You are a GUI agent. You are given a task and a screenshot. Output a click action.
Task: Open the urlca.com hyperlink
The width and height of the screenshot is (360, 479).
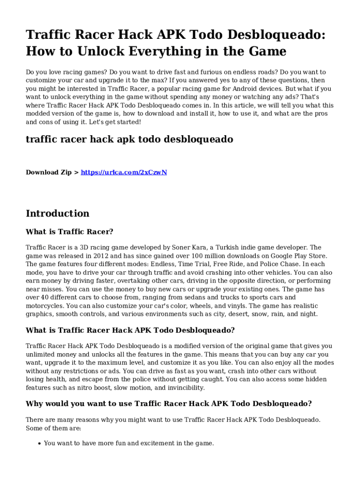pyautogui.click(x=124, y=172)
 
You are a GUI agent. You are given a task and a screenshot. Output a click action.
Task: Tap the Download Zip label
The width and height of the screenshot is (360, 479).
pyautogui.click(x=49, y=172)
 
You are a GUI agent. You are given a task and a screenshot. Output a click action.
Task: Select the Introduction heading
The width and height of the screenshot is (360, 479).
pyautogui.click(x=58, y=213)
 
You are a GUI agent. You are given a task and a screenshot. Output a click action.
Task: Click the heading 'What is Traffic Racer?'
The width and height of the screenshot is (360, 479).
pyautogui.click(x=70, y=232)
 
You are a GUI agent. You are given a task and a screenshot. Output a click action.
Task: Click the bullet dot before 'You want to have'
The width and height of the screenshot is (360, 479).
pyautogui.click(x=39, y=443)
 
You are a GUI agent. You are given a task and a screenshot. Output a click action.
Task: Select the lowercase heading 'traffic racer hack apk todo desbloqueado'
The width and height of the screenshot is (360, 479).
pyautogui.click(x=130, y=139)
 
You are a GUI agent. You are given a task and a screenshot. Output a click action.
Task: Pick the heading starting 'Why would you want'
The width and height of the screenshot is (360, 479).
pyautogui.click(x=169, y=404)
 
